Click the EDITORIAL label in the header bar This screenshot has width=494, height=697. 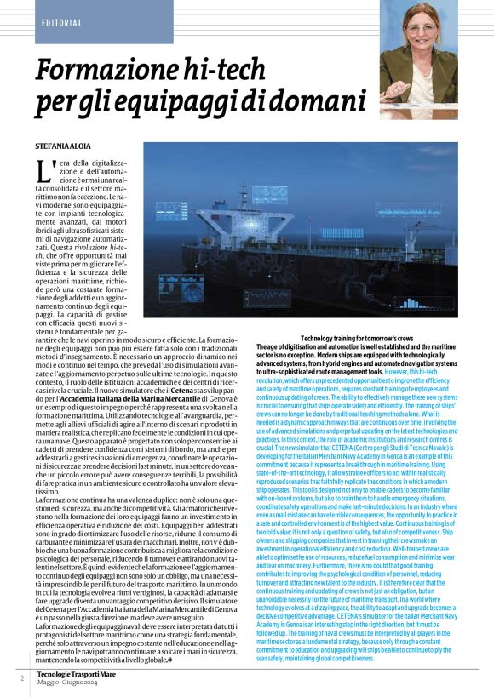click(60, 22)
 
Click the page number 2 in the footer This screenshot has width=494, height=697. click(21, 677)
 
